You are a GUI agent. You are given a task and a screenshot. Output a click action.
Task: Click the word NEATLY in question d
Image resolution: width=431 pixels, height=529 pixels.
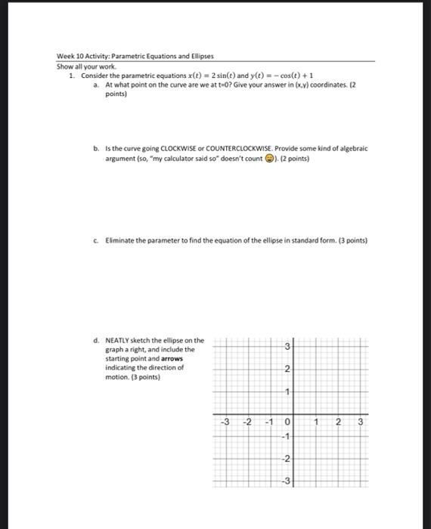[x=118, y=340]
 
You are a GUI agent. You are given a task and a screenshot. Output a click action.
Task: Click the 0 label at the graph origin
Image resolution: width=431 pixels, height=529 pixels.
[x=288, y=422]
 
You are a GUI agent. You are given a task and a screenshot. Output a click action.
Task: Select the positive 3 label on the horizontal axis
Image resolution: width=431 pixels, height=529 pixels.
[x=360, y=422]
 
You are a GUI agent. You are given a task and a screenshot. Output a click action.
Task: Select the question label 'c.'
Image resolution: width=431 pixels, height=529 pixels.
[x=96, y=240]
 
